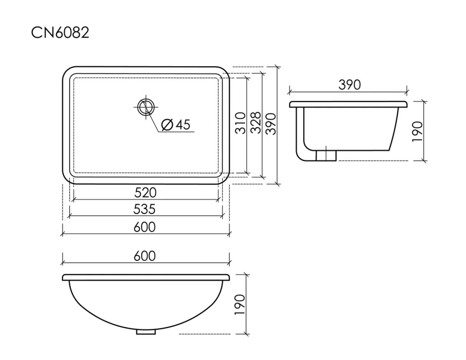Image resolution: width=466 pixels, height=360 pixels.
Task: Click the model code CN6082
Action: tap(60, 32)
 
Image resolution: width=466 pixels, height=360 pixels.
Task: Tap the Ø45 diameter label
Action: tap(175, 124)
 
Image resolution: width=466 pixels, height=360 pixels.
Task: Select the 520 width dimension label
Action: tap(146, 193)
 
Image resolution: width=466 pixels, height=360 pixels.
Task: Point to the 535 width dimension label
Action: tap(145, 209)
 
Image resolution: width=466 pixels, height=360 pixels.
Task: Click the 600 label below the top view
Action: tap(145, 227)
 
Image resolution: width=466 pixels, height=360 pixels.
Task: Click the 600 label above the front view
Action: tap(145, 256)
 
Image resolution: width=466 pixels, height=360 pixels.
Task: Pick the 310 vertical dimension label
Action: tap(241, 123)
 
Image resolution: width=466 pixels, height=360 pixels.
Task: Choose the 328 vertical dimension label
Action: tap(256, 123)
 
